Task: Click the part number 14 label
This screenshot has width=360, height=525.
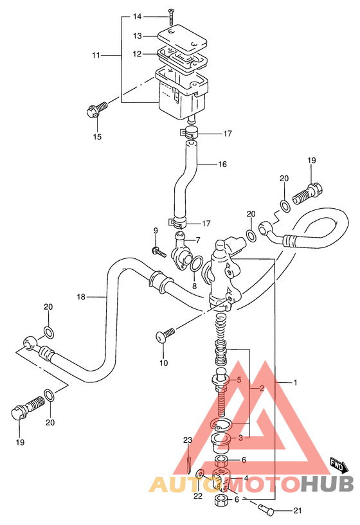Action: pos(138,17)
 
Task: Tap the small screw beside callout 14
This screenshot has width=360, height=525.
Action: pos(171,17)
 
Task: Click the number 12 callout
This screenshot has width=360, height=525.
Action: pos(138,54)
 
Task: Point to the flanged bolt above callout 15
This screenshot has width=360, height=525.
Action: pos(97,110)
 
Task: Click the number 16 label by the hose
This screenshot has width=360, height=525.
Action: pos(222,164)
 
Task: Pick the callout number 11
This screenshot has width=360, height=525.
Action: pos(96,55)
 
